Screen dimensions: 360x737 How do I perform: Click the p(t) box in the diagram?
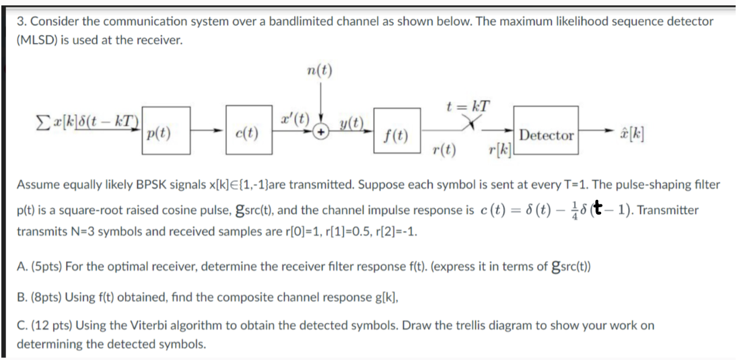(x=164, y=133)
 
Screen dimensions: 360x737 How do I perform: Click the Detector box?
(x=547, y=135)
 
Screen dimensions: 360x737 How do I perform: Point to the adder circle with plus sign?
(x=324, y=133)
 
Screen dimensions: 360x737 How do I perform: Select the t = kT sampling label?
(x=467, y=106)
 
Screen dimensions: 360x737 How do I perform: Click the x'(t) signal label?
(x=294, y=122)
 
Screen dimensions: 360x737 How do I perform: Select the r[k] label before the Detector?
(x=499, y=149)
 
